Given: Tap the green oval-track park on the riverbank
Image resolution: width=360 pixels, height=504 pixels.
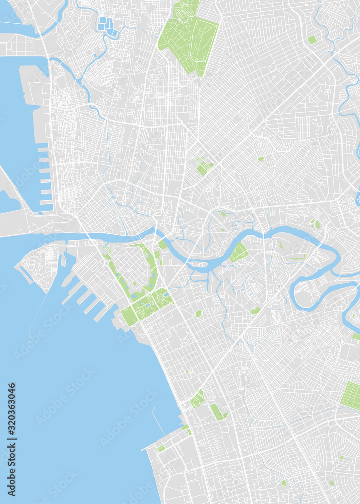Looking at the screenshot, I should [239, 252].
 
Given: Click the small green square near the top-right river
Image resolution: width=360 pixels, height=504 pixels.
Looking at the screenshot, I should [312, 39].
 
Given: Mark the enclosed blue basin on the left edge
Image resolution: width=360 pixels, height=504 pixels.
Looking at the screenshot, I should [9, 202].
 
